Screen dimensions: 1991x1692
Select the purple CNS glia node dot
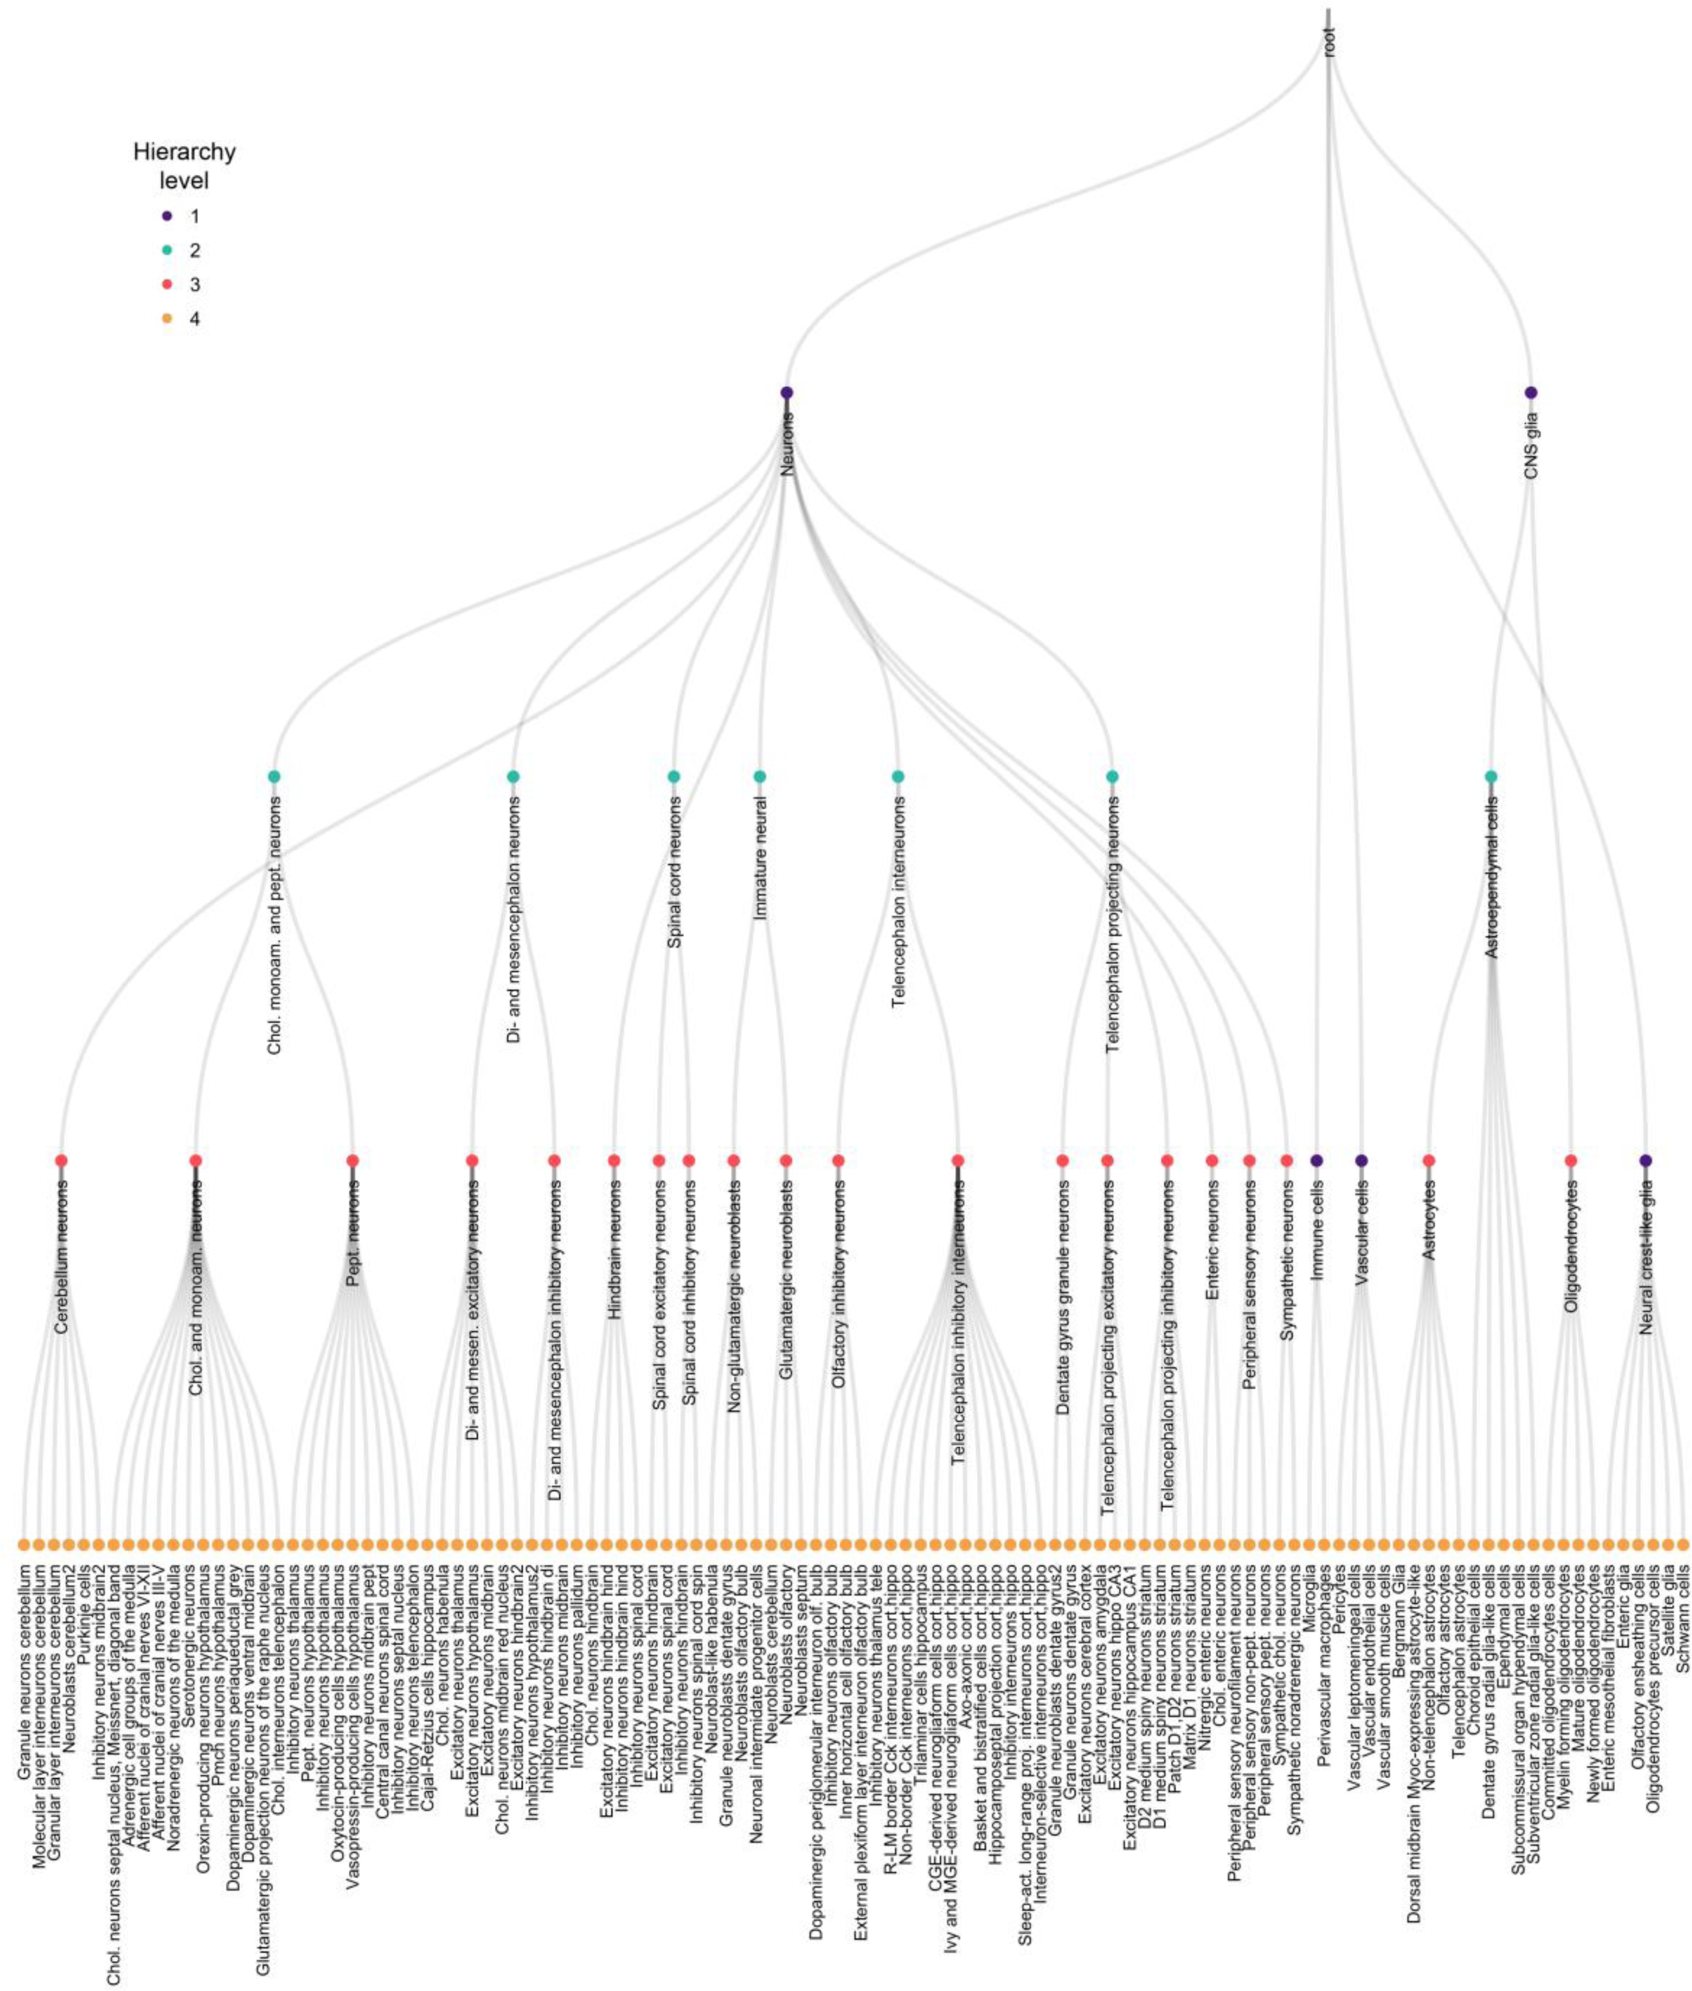[x=1531, y=392]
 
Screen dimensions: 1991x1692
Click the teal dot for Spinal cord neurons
[x=673, y=776]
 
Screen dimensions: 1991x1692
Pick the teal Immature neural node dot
[x=760, y=776]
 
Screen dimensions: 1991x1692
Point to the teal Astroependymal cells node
[x=1491, y=776]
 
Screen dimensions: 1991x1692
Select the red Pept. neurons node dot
[x=352, y=1160]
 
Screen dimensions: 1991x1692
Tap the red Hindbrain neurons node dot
[x=614, y=1160]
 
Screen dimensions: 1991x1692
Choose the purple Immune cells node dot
[x=1317, y=1160]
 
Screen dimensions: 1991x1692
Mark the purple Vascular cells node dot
[x=1361, y=1160]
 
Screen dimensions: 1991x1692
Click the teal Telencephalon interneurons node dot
[x=898, y=776]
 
